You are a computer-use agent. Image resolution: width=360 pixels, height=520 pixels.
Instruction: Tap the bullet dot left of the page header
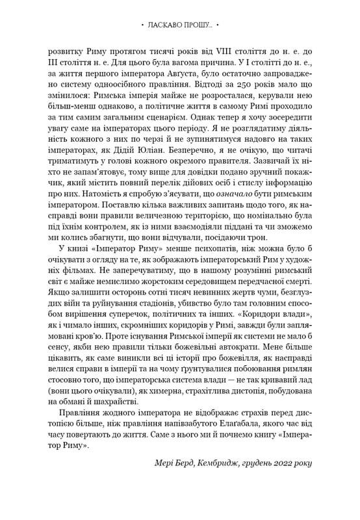click(142, 25)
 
